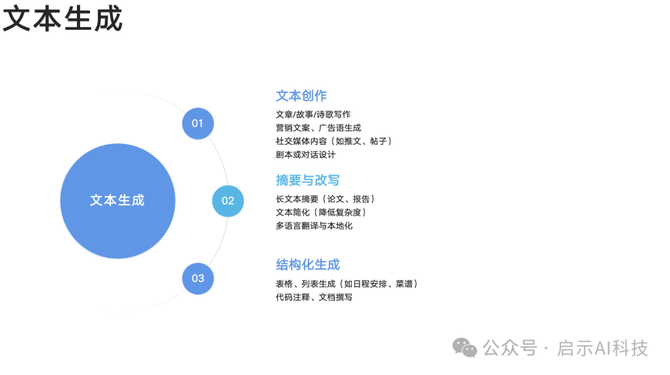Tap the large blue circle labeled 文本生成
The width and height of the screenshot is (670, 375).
pyautogui.click(x=117, y=200)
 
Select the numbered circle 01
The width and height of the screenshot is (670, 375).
pyautogui.click(x=197, y=123)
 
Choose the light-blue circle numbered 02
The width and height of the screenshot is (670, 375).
pyautogui.click(x=228, y=200)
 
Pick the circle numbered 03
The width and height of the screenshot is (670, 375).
pyautogui.click(x=197, y=278)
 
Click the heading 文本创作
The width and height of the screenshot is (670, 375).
pyautogui.click(x=301, y=96)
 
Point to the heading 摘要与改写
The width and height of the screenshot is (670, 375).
pyautogui.click(x=308, y=180)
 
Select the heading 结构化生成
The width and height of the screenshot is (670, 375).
pyautogui.click(x=308, y=265)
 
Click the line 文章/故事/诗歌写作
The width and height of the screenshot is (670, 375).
pyautogui.click(x=313, y=114)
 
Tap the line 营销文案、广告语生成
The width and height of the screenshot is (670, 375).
pyautogui.click(x=318, y=128)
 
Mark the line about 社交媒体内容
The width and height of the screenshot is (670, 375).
pyautogui.click(x=333, y=141)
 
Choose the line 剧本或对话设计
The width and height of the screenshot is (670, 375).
pyautogui.click(x=305, y=154)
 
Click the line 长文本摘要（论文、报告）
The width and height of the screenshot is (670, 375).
pyautogui.click(x=324, y=199)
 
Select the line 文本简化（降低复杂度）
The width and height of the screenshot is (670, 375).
pyautogui.click(x=321, y=212)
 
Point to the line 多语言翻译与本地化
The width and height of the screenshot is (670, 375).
pyautogui.click(x=314, y=226)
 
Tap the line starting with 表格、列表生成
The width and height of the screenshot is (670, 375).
pyautogui.click(x=346, y=284)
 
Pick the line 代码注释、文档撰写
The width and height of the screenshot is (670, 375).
pyautogui.click(x=314, y=297)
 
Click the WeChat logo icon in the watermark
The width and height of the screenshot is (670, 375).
pyautogui.click(x=465, y=348)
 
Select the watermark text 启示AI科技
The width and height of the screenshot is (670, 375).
pyautogui.click(x=602, y=348)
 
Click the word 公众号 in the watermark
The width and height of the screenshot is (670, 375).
pyautogui.click(x=509, y=348)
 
